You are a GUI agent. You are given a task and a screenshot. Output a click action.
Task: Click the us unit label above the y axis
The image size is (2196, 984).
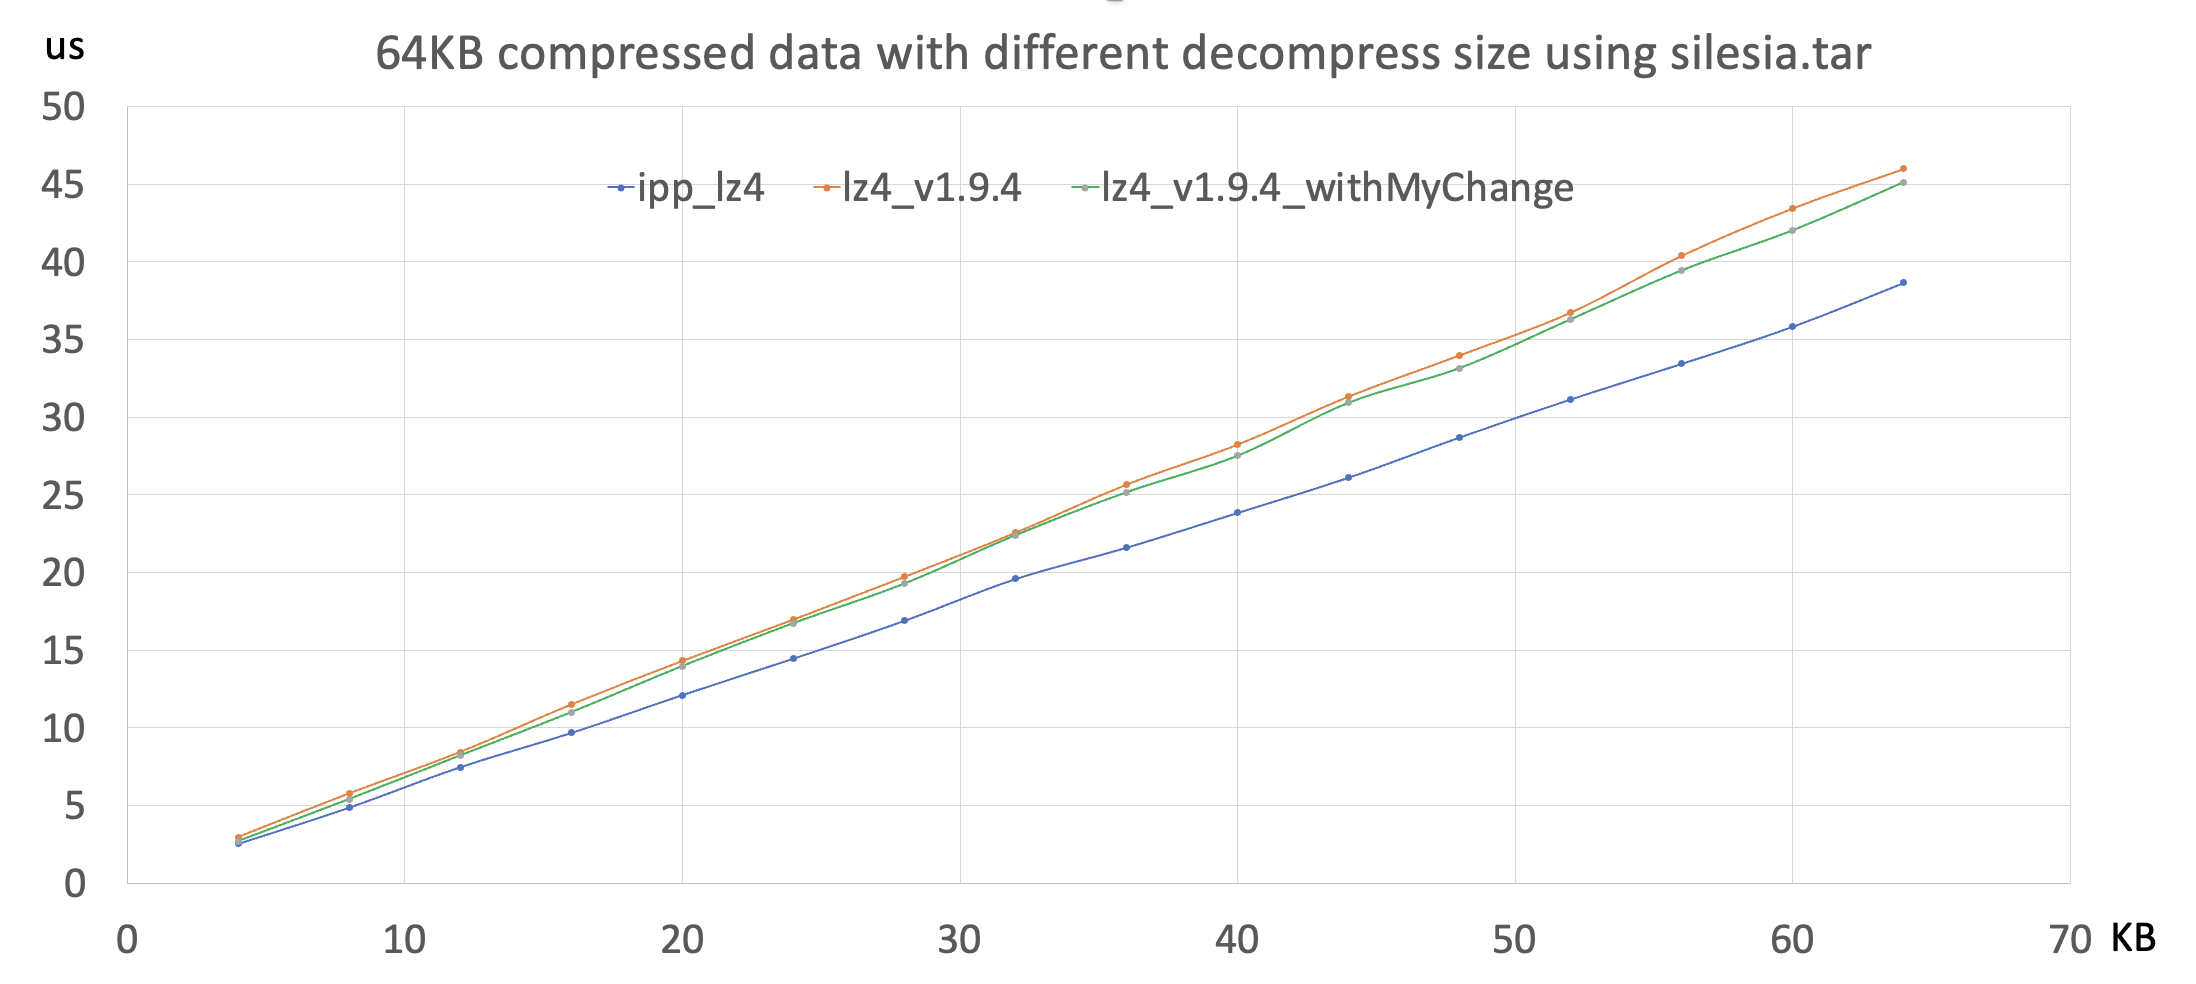[65, 47]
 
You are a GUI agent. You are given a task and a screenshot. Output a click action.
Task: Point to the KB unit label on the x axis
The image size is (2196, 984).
[2133, 938]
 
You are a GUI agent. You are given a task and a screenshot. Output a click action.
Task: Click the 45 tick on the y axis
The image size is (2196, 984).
[62, 185]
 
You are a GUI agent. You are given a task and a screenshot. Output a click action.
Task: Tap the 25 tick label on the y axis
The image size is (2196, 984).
[62, 495]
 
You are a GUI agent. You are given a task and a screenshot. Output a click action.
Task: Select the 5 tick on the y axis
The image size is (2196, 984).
[74, 806]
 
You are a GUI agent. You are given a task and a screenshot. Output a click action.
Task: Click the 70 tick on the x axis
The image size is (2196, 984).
[2069, 940]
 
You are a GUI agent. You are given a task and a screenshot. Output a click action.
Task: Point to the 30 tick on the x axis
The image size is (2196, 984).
[959, 940]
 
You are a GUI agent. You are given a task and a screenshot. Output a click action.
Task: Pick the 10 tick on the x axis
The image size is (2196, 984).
[404, 940]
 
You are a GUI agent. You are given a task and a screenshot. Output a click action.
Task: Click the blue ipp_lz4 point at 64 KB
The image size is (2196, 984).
[1903, 283]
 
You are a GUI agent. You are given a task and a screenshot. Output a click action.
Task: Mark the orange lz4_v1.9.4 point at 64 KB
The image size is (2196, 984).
[1903, 169]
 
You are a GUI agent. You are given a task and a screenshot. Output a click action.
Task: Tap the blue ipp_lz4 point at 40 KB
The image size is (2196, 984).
[1237, 513]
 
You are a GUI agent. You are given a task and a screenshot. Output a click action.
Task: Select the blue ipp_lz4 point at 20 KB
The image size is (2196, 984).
[682, 695]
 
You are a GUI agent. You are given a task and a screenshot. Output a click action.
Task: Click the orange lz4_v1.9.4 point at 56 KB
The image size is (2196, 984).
[1681, 256]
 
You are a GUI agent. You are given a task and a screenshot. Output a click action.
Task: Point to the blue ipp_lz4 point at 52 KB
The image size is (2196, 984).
[1570, 399]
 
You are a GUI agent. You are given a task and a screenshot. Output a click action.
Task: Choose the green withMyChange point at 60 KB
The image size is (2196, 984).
[1792, 231]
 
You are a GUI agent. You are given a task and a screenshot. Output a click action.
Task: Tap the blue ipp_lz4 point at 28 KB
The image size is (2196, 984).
[904, 621]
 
